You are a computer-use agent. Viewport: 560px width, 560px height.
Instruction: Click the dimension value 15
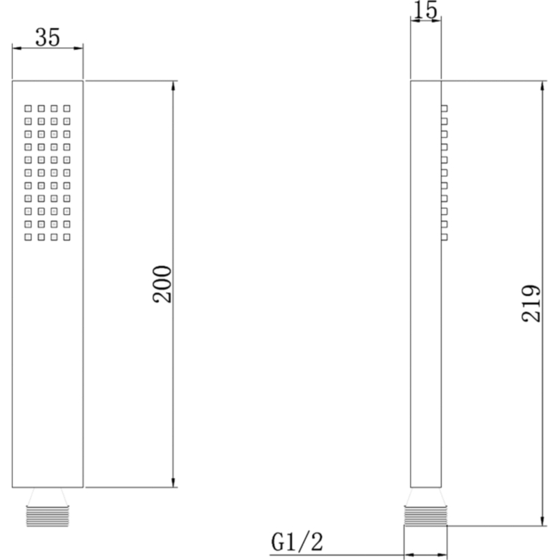pos(426,10)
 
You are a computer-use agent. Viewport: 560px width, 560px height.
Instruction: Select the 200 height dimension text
pos(162,283)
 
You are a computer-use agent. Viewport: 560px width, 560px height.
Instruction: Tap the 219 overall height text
pos(532,302)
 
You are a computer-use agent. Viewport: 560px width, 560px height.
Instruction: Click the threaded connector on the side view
pos(426,517)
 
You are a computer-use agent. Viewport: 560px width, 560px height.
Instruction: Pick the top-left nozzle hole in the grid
pos(29,108)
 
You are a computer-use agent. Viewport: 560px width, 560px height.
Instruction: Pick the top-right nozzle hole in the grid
pos(67,108)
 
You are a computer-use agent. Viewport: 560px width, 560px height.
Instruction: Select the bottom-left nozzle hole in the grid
pos(29,237)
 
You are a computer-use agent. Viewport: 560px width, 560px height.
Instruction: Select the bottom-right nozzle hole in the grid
pos(67,237)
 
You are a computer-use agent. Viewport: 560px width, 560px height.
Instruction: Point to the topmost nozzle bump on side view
pos(444,108)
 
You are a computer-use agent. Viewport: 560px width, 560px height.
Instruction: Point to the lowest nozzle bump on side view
pos(444,237)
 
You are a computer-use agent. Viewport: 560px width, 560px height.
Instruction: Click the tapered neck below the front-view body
pos(48,496)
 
